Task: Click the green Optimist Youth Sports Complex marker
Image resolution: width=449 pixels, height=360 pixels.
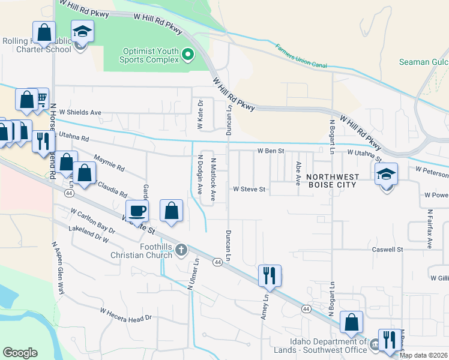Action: tap(187, 55)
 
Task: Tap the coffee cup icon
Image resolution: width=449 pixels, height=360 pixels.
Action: tap(137, 211)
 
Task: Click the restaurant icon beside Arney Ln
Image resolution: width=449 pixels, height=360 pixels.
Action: tap(269, 275)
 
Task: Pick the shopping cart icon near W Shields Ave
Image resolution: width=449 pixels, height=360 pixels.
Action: tap(40, 98)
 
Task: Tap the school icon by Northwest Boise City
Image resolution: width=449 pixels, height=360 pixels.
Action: tap(386, 175)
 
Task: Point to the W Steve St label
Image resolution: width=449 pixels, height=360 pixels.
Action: tap(249, 190)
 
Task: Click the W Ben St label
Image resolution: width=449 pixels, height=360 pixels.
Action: tap(270, 151)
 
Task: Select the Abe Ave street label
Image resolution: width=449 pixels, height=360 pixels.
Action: tap(298, 173)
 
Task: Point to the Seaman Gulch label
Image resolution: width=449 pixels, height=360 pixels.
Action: tap(423, 62)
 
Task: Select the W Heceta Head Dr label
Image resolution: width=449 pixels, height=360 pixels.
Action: tap(127, 315)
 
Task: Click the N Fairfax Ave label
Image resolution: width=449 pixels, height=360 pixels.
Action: tap(430, 228)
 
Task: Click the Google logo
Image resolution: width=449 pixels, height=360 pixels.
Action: tap(20, 352)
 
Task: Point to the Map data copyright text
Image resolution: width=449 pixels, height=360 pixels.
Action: tap(423, 355)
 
